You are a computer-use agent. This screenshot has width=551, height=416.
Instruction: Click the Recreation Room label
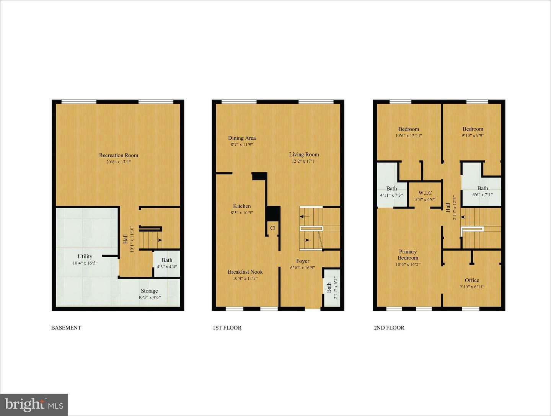point(119,155)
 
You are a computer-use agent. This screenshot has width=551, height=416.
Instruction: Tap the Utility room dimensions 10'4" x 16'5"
point(85,263)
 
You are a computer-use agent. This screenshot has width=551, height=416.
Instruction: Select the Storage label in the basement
point(149,291)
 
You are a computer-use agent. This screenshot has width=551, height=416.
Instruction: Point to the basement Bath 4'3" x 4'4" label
point(167,263)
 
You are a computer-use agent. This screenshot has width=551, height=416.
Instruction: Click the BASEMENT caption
point(66,328)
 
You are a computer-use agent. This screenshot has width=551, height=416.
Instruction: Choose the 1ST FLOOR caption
point(227,328)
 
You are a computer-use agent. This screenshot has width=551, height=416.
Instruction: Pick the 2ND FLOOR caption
point(389,328)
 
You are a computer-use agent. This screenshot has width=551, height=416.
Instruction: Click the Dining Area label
point(242,138)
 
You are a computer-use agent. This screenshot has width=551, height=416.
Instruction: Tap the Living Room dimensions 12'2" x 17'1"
point(304,161)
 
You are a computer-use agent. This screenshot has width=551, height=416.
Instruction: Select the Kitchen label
point(242,206)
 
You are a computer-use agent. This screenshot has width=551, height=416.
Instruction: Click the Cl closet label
point(273,228)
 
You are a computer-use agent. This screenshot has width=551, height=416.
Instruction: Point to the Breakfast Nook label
point(245,272)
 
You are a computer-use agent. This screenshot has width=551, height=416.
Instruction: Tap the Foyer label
point(303,261)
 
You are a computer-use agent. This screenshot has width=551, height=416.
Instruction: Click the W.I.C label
point(425,193)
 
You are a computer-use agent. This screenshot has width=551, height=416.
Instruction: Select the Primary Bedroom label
point(408,254)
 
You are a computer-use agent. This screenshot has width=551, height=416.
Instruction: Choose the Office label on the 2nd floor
point(472,280)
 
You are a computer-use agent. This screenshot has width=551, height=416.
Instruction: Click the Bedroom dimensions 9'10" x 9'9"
point(473,135)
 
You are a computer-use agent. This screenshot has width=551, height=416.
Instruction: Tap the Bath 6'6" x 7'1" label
point(483,191)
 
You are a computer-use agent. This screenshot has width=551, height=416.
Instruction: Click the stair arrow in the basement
point(157,240)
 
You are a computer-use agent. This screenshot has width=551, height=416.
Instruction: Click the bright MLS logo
point(34,405)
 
